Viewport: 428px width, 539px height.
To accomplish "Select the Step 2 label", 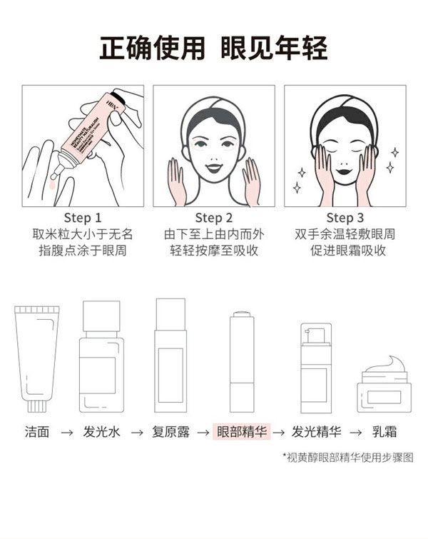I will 214,218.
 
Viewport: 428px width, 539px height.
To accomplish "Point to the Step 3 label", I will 345,218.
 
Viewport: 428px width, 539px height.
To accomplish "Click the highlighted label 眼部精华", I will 243,432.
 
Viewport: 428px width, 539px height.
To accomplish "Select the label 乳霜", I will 385,432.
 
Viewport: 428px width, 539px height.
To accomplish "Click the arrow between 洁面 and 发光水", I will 66,433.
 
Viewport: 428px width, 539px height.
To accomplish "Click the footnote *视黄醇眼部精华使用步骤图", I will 347,458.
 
